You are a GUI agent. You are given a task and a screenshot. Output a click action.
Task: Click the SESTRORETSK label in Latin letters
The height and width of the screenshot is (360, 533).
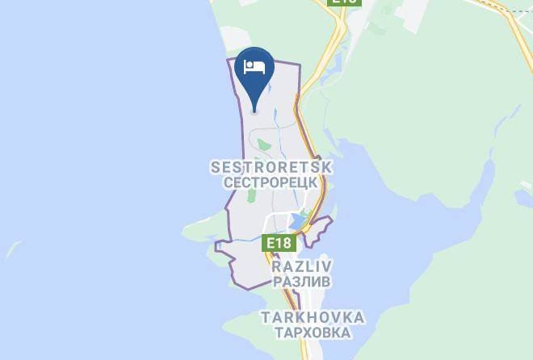tap(271, 167)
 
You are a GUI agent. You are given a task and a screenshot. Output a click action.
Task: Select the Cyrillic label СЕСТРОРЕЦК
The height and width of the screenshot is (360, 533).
tap(271, 182)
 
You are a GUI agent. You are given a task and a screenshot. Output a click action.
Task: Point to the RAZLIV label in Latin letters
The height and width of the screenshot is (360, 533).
tap(302, 266)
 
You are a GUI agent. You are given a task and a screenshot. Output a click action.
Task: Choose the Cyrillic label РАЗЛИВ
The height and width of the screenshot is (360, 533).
tap(302, 282)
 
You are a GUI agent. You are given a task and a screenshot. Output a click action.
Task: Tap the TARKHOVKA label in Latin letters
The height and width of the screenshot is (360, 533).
tap(312, 317)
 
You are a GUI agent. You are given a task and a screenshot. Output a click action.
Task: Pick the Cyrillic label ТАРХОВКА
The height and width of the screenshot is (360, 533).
tap(312, 333)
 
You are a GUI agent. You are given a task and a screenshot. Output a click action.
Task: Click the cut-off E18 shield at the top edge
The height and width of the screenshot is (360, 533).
tap(344, 2)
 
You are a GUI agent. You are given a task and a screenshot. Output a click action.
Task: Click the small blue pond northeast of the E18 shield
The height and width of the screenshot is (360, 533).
tap(298, 220)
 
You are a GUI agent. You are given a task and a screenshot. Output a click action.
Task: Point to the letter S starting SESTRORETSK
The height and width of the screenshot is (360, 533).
tap(215, 167)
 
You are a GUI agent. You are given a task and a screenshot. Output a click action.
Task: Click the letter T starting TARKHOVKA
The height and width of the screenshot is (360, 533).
tap(265, 317)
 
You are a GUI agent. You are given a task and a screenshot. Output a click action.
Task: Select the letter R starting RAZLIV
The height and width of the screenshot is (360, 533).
tap(277, 266)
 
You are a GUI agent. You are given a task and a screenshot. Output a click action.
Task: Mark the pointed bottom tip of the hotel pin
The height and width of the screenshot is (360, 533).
tap(254, 111)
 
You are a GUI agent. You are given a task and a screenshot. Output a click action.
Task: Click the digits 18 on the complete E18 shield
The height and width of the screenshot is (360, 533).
tap(283, 241)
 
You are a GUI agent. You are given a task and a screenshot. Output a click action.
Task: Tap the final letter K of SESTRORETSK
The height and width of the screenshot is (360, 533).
tap(327, 167)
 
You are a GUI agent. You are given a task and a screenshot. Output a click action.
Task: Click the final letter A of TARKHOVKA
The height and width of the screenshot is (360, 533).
tap(359, 317)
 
